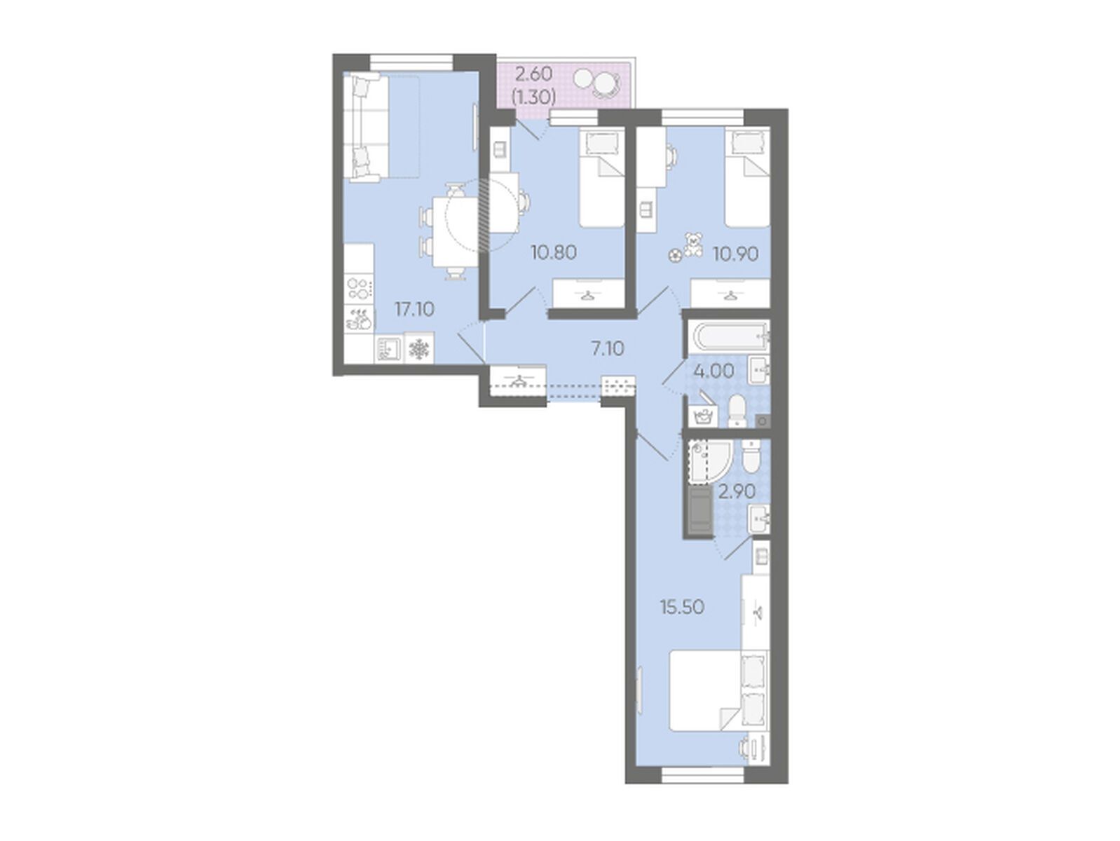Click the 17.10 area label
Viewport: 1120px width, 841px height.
pos(414,309)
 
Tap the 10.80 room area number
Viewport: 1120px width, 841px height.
pos(554,252)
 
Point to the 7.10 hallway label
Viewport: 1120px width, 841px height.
pos(608,349)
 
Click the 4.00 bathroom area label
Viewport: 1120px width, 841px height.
pos(713,371)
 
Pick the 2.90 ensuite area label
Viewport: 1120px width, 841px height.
pos(737,491)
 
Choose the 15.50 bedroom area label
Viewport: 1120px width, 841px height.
pos(682,607)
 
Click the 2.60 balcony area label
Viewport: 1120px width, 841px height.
pos(534,74)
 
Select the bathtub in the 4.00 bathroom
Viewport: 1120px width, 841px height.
pos(730,336)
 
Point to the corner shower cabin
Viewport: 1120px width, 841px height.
pos(710,463)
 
